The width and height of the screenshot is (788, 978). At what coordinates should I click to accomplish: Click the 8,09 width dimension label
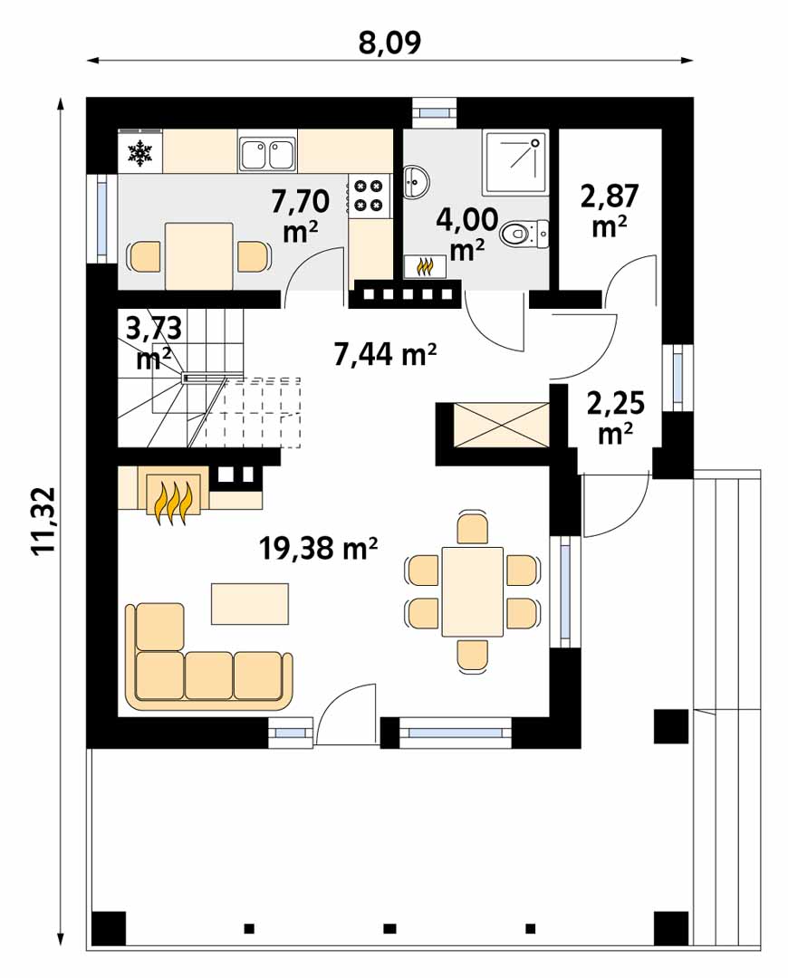coord(390,42)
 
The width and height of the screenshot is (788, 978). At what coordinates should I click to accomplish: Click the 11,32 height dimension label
coord(45,521)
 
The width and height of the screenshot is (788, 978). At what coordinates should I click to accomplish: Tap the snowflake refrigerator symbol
coord(140,153)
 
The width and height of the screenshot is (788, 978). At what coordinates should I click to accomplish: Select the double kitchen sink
coord(268,154)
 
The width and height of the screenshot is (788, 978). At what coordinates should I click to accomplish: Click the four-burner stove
coord(368,196)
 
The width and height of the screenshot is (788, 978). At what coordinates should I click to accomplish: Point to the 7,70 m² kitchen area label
coord(301,216)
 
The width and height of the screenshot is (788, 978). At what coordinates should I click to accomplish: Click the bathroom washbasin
coord(415,182)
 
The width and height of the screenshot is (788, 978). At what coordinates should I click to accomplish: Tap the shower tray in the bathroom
coord(514,161)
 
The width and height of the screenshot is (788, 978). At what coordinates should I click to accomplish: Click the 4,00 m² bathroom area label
coord(467,234)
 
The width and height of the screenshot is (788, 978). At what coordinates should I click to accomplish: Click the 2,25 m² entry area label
coord(616,417)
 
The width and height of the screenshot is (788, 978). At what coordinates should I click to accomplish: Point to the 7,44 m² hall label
coord(385,355)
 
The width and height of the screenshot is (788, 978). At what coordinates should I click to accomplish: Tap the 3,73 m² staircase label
coord(153,343)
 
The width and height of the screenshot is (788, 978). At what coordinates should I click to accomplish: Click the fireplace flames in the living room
coord(174,500)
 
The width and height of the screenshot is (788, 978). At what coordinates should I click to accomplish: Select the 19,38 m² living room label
coord(318,549)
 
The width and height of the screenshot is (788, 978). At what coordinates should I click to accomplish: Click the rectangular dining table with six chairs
coord(472,591)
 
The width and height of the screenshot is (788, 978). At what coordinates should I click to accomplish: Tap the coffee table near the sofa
coord(250,603)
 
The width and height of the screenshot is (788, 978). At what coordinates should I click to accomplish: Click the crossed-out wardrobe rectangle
coord(501,425)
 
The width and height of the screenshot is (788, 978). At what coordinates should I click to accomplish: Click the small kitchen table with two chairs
coord(199,255)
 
